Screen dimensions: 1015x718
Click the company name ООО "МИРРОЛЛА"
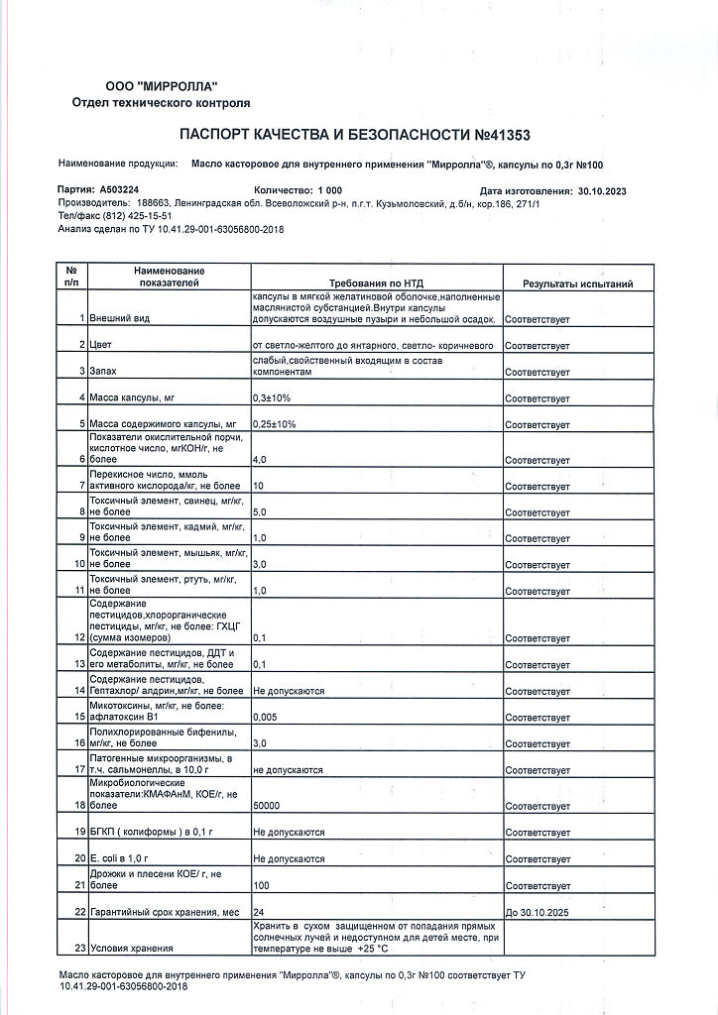161,87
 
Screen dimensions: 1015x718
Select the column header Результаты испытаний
577,284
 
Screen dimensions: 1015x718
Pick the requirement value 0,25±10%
275,423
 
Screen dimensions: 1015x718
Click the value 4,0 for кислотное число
261,460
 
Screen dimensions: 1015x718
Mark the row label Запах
103,371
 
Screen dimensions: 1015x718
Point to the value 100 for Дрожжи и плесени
263,884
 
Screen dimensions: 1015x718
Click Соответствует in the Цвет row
538,345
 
